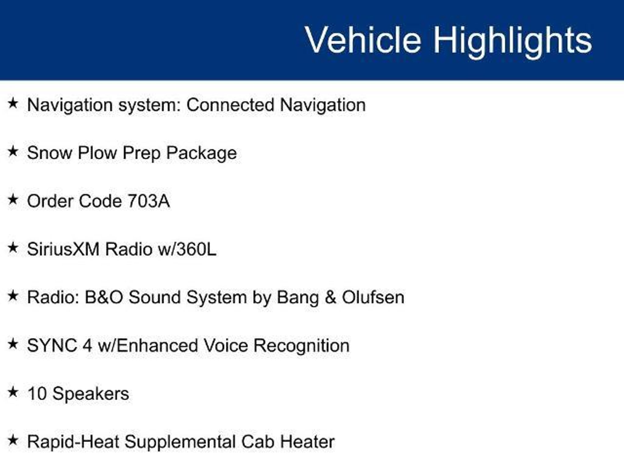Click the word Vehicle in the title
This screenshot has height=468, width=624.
click(x=363, y=40)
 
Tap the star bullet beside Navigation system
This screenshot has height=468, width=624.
click(x=13, y=103)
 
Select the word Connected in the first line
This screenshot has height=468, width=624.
click(x=230, y=105)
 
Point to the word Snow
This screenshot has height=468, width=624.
click(x=50, y=153)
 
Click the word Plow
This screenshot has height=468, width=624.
click(x=97, y=153)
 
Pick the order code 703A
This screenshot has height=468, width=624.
click(x=148, y=201)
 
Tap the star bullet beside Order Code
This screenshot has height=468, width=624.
click(x=13, y=200)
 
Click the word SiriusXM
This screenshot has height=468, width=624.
click(x=63, y=249)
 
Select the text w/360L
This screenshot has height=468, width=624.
click(x=187, y=249)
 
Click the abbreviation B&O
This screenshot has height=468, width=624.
click(x=104, y=297)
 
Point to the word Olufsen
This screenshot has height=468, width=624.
click(x=373, y=297)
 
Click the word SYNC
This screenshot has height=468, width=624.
click(x=52, y=346)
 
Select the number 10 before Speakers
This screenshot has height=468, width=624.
click(x=37, y=394)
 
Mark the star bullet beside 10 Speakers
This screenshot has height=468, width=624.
click(x=13, y=392)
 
